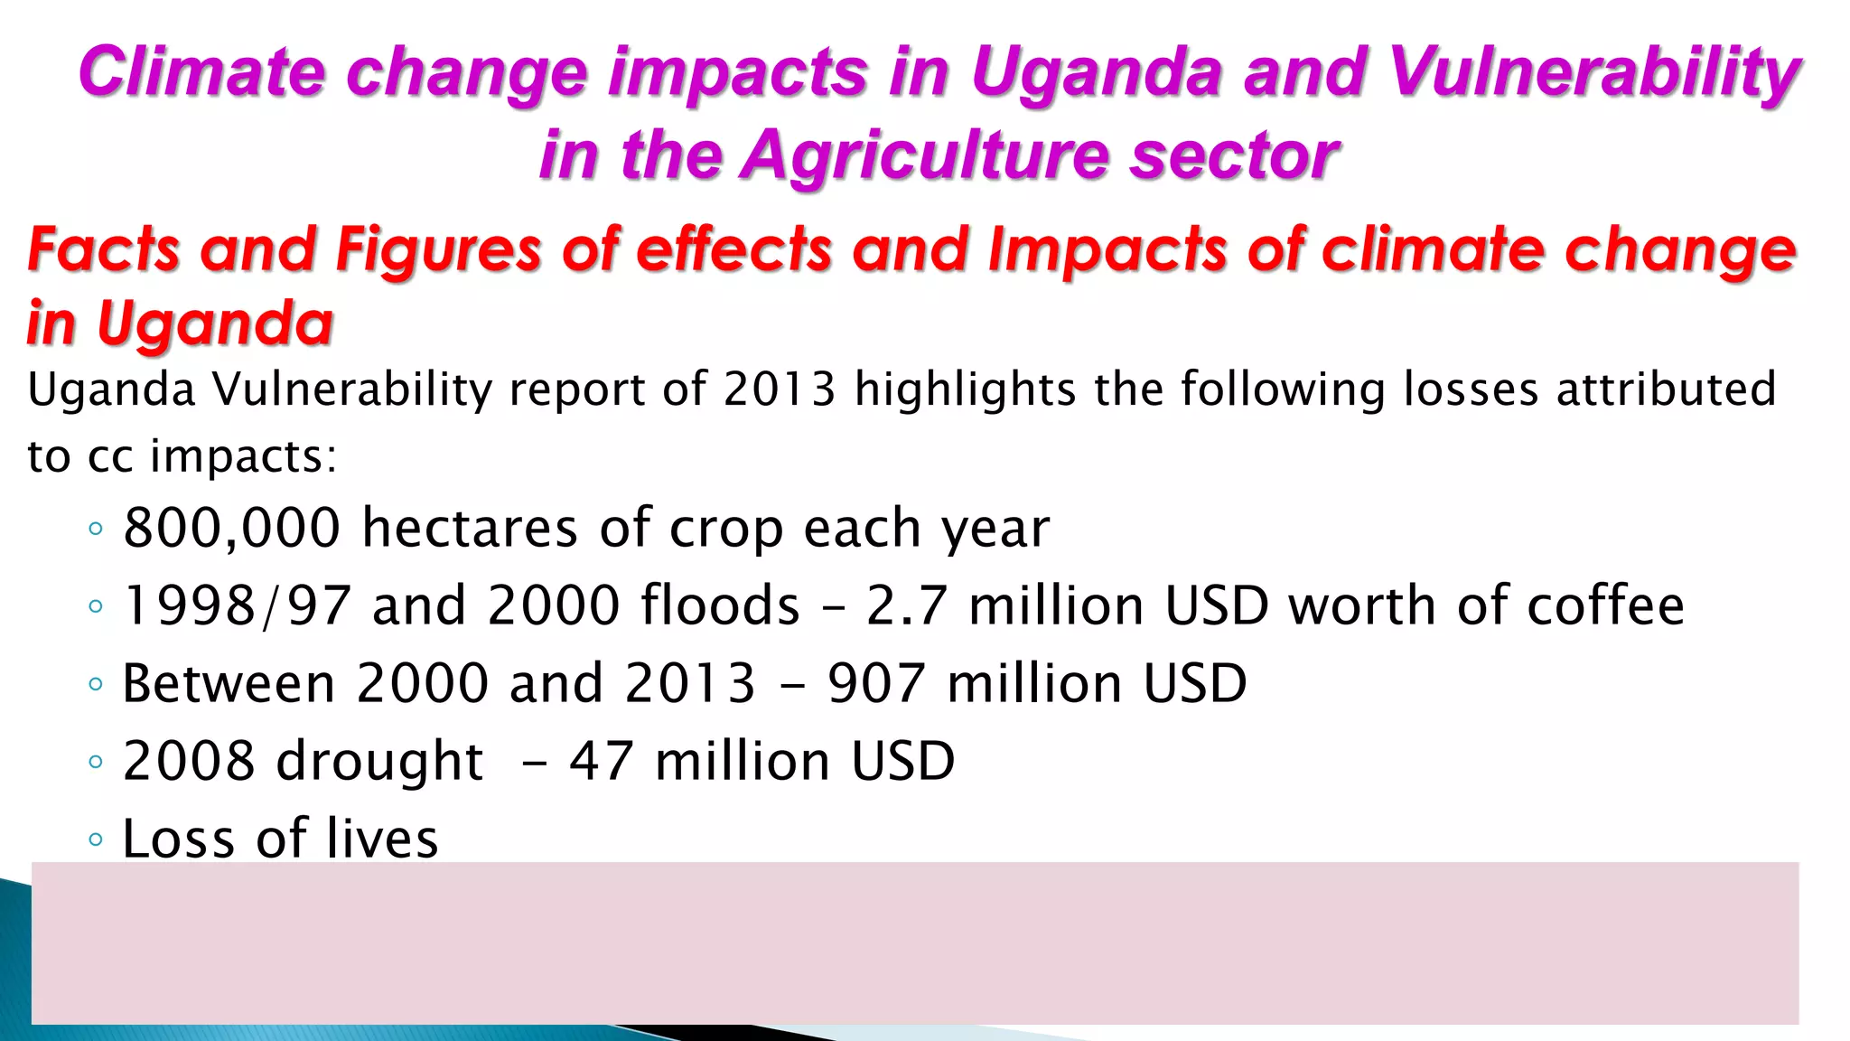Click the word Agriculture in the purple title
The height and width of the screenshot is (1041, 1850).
(923, 155)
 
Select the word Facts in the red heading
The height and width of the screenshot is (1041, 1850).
(104, 249)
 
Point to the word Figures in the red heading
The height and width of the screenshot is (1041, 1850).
(438, 249)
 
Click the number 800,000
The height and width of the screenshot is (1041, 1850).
(231, 528)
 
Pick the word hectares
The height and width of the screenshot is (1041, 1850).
(470, 528)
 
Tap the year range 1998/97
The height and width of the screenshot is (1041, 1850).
(237, 605)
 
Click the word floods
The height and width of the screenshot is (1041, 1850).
(720, 605)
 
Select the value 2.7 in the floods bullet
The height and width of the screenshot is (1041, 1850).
(907, 605)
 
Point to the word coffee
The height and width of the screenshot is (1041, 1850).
(1605, 605)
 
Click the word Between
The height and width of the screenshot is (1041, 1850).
(229, 683)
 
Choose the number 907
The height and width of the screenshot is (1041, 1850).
(876, 683)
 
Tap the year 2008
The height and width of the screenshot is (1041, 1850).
(189, 761)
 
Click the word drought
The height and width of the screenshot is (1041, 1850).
(379, 761)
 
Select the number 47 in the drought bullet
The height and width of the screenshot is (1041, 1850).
(601, 761)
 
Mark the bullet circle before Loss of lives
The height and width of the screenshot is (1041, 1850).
(97, 839)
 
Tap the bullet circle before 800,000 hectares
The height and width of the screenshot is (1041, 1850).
(97, 529)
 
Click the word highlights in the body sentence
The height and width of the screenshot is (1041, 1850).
(965, 390)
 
